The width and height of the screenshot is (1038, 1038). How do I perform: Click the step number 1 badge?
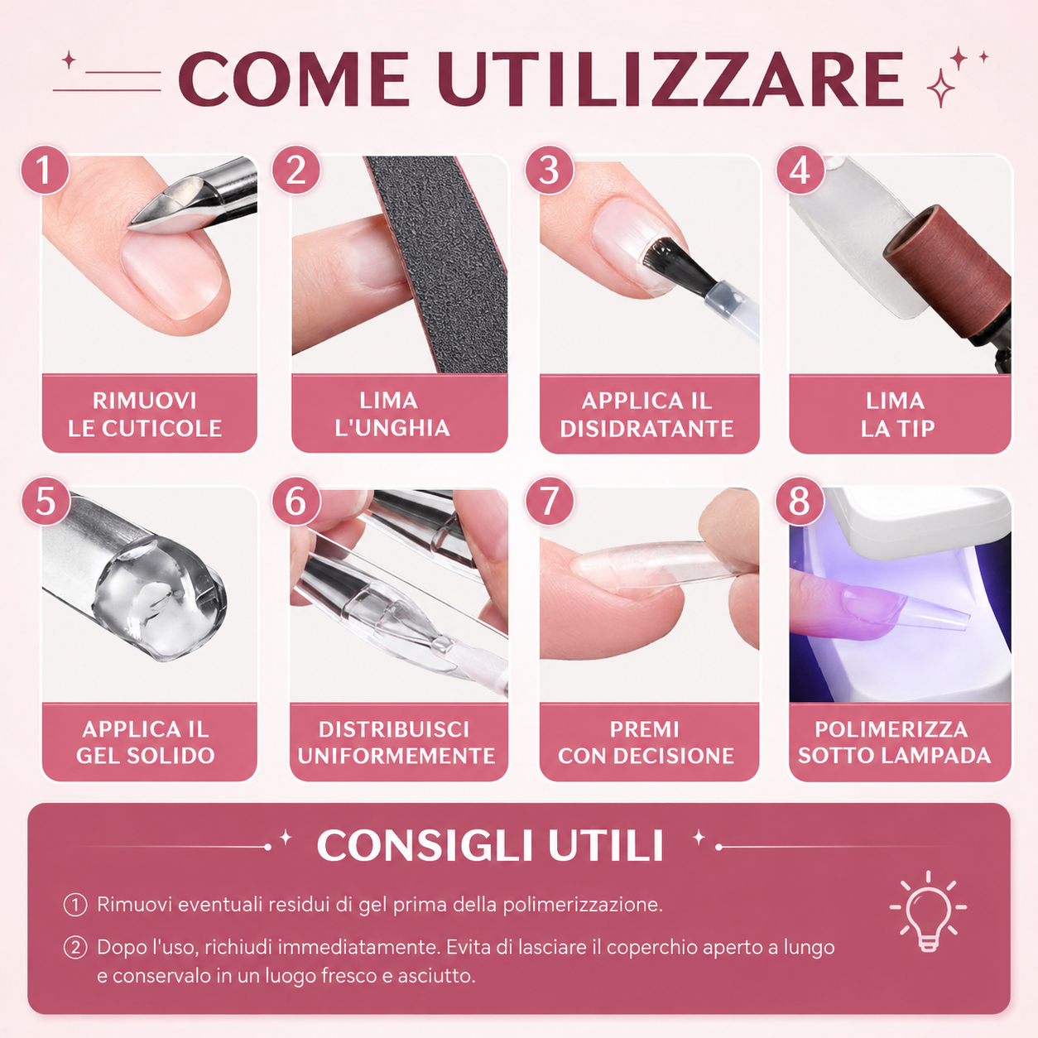[x=46, y=170]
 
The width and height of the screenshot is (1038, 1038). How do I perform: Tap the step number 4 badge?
[x=800, y=170]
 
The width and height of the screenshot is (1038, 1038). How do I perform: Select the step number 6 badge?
[x=296, y=501]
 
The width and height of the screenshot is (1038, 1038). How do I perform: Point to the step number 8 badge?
[x=800, y=501]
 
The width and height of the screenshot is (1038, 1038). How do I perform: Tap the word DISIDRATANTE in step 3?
[x=646, y=429]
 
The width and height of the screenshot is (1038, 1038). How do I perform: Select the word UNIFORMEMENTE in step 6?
[x=396, y=756]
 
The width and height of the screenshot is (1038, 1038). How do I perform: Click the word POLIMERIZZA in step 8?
[x=891, y=729]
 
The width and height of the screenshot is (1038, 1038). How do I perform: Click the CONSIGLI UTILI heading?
[x=490, y=845]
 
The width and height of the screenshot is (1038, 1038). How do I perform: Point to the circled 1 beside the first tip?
[x=75, y=905]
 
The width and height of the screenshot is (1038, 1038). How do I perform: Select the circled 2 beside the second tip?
[x=75, y=948]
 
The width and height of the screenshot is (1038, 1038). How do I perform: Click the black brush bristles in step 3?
[x=677, y=265]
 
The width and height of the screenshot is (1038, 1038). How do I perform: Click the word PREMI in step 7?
[x=644, y=729]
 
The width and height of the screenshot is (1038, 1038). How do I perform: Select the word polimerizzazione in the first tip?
[x=583, y=905]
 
